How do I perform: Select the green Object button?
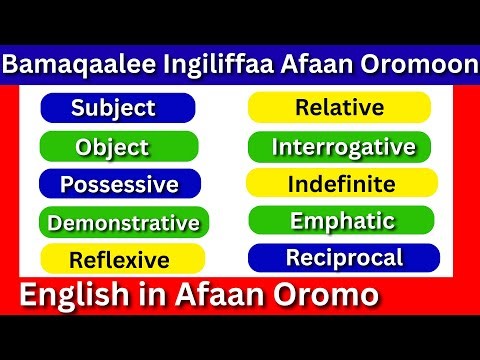point(112,147)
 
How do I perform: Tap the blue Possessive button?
point(119,184)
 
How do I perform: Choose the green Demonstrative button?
point(123,222)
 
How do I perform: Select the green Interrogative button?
point(343,147)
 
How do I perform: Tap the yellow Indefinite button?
point(341,184)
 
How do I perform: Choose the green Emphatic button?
point(342,221)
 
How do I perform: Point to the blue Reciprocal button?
point(343,258)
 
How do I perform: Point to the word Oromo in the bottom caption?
point(329,295)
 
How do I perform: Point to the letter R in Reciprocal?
point(293,258)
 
